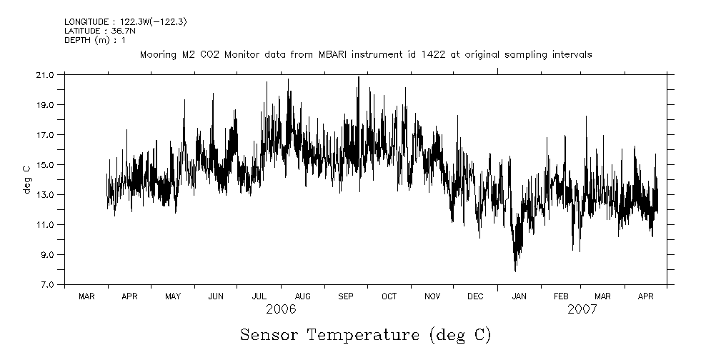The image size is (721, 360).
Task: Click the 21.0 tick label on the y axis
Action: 45,75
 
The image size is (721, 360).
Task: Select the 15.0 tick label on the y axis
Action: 45,165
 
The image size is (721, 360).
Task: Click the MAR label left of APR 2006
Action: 86,296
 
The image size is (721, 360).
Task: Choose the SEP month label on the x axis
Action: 346,296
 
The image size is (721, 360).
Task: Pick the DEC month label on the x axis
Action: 475,296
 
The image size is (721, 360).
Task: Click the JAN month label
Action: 519,296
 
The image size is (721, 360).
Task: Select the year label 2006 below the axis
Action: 281,310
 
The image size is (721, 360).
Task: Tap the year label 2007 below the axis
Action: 582,310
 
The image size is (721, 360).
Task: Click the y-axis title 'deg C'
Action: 26,179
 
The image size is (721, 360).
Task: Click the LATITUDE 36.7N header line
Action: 95,31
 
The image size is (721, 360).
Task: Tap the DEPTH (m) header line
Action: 95,40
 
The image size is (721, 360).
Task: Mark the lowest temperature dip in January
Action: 515,271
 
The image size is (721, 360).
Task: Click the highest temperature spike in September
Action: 358,77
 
